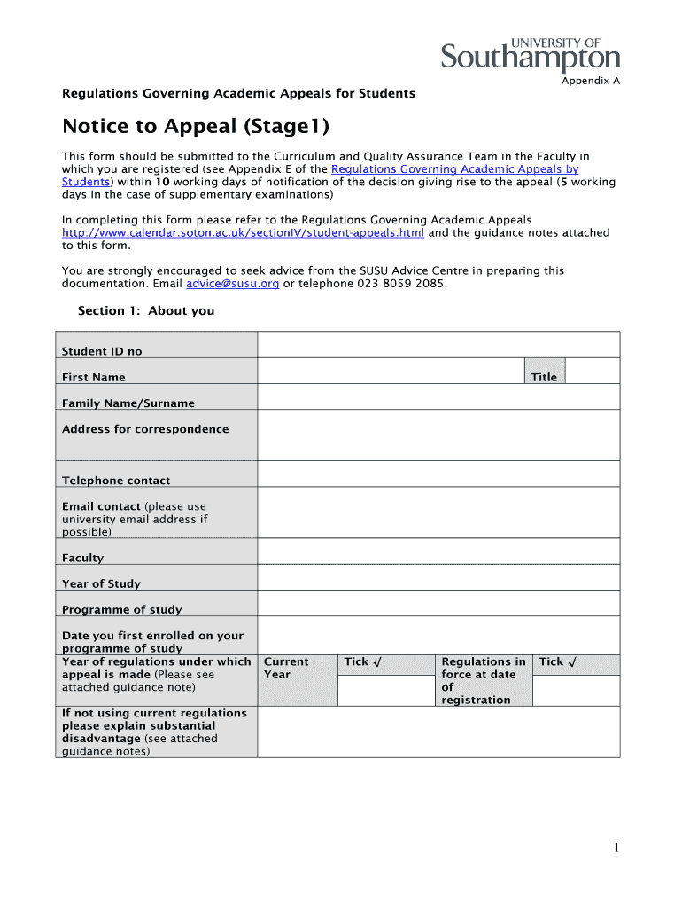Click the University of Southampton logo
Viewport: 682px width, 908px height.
coord(531,54)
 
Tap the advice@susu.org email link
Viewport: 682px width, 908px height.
coord(233,284)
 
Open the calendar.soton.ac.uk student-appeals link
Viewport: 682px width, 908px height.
coord(243,233)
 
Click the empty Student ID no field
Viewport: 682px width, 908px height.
coord(438,344)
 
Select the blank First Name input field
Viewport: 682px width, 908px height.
coord(391,371)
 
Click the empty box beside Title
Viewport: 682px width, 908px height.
coord(591,371)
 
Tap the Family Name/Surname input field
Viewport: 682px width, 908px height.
coord(438,396)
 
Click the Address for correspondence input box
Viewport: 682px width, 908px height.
coord(438,434)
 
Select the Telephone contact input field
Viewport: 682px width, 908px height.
coord(438,474)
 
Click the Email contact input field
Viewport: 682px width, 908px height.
coord(438,513)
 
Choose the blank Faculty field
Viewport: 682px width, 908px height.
coord(438,552)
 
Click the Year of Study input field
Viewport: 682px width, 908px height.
coord(438,577)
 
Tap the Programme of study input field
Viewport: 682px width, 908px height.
coord(438,603)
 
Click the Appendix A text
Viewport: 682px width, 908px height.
coord(591,81)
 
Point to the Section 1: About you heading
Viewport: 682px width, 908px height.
coord(146,311)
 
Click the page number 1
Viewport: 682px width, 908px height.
coord(616,849)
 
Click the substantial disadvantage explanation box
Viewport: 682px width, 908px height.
coord(438,732)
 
